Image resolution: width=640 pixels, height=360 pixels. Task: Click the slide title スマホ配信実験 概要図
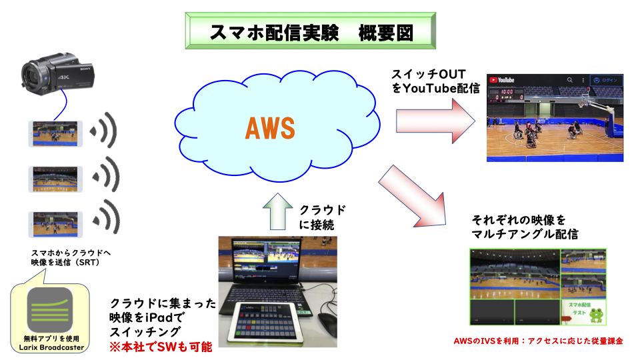pos(311,32)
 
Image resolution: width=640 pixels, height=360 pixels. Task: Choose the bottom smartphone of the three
pos(55,223)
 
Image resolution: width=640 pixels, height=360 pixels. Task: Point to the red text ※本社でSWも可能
pos(161,347)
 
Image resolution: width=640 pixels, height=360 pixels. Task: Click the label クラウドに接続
pos(323,217)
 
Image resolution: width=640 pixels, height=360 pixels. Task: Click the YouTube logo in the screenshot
pos(504,80)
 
